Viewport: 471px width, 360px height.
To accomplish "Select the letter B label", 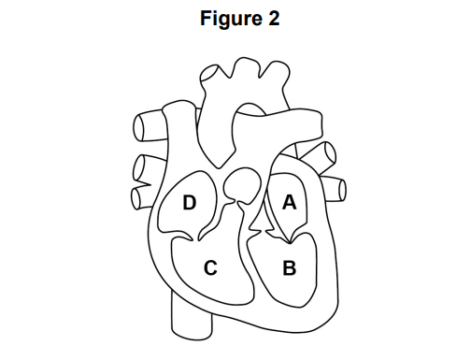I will point(289,269).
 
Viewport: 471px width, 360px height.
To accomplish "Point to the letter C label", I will point(210,269).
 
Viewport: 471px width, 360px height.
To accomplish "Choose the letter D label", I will point(189,203).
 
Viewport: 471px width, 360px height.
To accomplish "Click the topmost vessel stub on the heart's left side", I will point(146,124).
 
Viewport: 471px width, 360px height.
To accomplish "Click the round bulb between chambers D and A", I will point(245,181).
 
